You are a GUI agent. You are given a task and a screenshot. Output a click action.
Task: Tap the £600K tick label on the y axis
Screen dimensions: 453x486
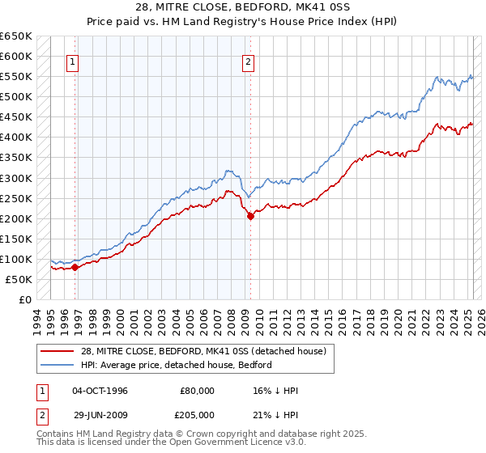point(16,57)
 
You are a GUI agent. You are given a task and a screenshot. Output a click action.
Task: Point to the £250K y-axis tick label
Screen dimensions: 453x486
point(16,198)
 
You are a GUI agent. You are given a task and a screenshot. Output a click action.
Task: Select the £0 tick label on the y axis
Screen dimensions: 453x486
point(25,299)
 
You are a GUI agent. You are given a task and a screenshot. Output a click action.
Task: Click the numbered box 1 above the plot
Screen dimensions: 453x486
point(73,61)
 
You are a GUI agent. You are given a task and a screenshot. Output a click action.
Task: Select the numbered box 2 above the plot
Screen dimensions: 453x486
point(248,61)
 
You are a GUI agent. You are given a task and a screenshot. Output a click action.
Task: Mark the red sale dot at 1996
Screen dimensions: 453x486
point(75,267)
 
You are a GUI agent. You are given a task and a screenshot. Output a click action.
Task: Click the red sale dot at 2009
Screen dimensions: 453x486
point(250,216)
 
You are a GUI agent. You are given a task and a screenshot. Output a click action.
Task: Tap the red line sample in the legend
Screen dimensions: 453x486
point(58,351)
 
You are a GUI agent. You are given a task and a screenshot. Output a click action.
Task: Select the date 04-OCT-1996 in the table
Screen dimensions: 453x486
point(100,391)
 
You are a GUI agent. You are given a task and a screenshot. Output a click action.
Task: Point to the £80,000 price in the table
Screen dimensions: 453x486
point(198,391)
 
